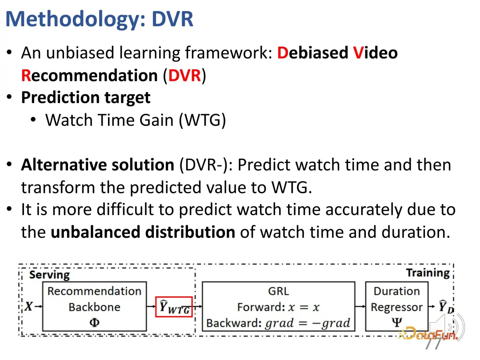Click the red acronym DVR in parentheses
point(184,75)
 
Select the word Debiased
point(312,52)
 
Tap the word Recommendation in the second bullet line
point(89,75)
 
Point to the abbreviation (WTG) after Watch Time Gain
point(202,120)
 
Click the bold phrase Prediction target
point(86,98)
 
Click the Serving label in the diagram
point(49,275)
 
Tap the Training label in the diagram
point(428,273)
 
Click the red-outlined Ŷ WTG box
point(174,307)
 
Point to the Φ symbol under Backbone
point(94,322)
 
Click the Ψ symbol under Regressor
point(397,322)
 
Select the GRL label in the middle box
point(278,291)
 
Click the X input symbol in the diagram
point(29,306)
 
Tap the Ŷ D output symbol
point(446,307)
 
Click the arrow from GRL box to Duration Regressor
point(360,306)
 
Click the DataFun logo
point(428,333)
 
